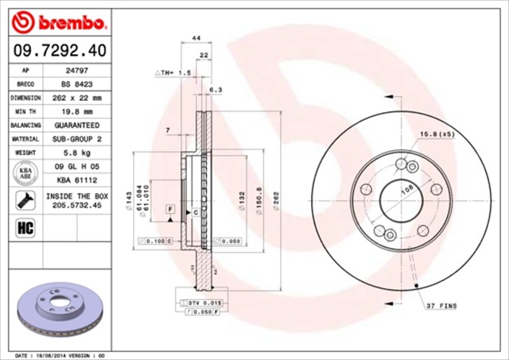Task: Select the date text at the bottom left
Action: tap(60, 355)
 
